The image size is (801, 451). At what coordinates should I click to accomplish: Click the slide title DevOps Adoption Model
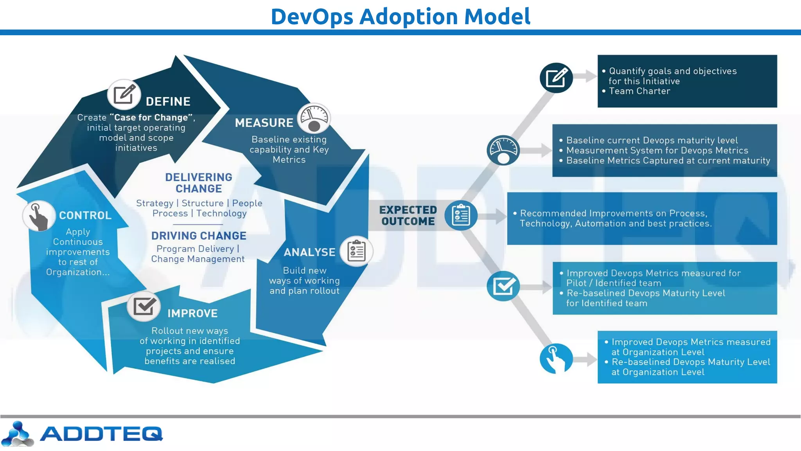[x=400, y=16]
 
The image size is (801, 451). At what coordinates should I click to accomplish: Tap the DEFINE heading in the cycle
[x=168, y=102]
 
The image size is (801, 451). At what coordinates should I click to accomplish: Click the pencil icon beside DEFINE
[x=124, y=94]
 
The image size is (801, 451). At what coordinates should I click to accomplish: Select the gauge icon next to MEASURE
[x=314, y=118]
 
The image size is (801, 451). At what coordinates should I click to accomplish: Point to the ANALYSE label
[x=309, y=253]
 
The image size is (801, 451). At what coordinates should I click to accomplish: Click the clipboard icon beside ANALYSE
[x=356, y=251]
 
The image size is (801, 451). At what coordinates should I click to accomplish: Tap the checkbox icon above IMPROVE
[x=144, y=306]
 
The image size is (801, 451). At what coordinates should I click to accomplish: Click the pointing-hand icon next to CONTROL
[x=38, y=216]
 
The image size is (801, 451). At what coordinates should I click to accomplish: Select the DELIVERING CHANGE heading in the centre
[x=199, y=183]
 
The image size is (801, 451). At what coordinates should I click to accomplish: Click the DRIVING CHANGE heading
[x=199, y=236]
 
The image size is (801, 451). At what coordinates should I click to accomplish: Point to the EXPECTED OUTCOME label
[x=408, y=216]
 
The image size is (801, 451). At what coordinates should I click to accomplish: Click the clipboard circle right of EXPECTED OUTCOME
[x=461, y=216]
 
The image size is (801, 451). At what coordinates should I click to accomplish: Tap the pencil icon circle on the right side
[x=556, y=78]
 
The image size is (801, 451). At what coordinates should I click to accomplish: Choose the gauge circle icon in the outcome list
[x=503, y=150]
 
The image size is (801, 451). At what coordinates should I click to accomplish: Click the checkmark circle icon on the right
[x=503, y=286]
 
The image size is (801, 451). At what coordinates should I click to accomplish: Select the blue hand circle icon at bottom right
[x=556, y=359]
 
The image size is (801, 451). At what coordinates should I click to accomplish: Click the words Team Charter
[x=639, y=91]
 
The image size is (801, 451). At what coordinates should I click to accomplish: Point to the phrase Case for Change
[x=151, y=117]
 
